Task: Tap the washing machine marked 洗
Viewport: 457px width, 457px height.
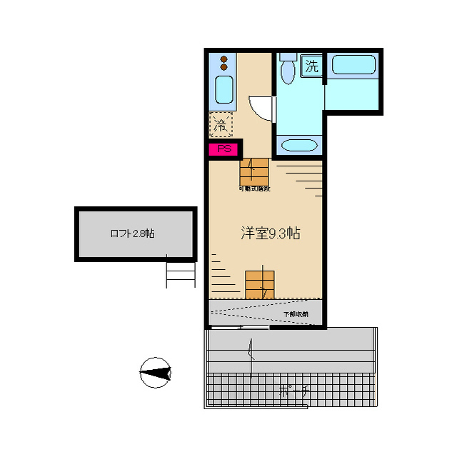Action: coord(311,66)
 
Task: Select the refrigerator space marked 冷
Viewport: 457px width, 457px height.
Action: coord(221,125)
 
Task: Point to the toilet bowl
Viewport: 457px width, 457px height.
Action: coord(288,72)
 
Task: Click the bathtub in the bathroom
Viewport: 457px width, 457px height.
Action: coord(353,66)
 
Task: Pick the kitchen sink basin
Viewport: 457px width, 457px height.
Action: coord(224,90)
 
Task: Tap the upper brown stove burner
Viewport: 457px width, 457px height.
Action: coord(224,59)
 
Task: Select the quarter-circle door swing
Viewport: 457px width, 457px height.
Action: coord(262,107)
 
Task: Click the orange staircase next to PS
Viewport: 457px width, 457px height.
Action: coord(253,171)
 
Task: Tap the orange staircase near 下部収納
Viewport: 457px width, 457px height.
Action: coord(259,283)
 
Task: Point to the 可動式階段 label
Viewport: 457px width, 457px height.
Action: coord(254,189)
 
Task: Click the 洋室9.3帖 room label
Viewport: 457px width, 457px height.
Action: coord(270,233)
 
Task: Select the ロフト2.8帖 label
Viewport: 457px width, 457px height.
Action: coord(132,233)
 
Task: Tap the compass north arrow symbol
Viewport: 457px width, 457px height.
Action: coord(156,372)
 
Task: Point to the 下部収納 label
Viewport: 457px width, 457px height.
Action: coord(296,314)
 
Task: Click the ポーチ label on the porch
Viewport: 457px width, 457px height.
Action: coord(293,391)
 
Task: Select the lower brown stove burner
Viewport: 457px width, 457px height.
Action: coord(224,68)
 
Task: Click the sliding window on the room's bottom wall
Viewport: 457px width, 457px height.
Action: coord(239,328)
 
